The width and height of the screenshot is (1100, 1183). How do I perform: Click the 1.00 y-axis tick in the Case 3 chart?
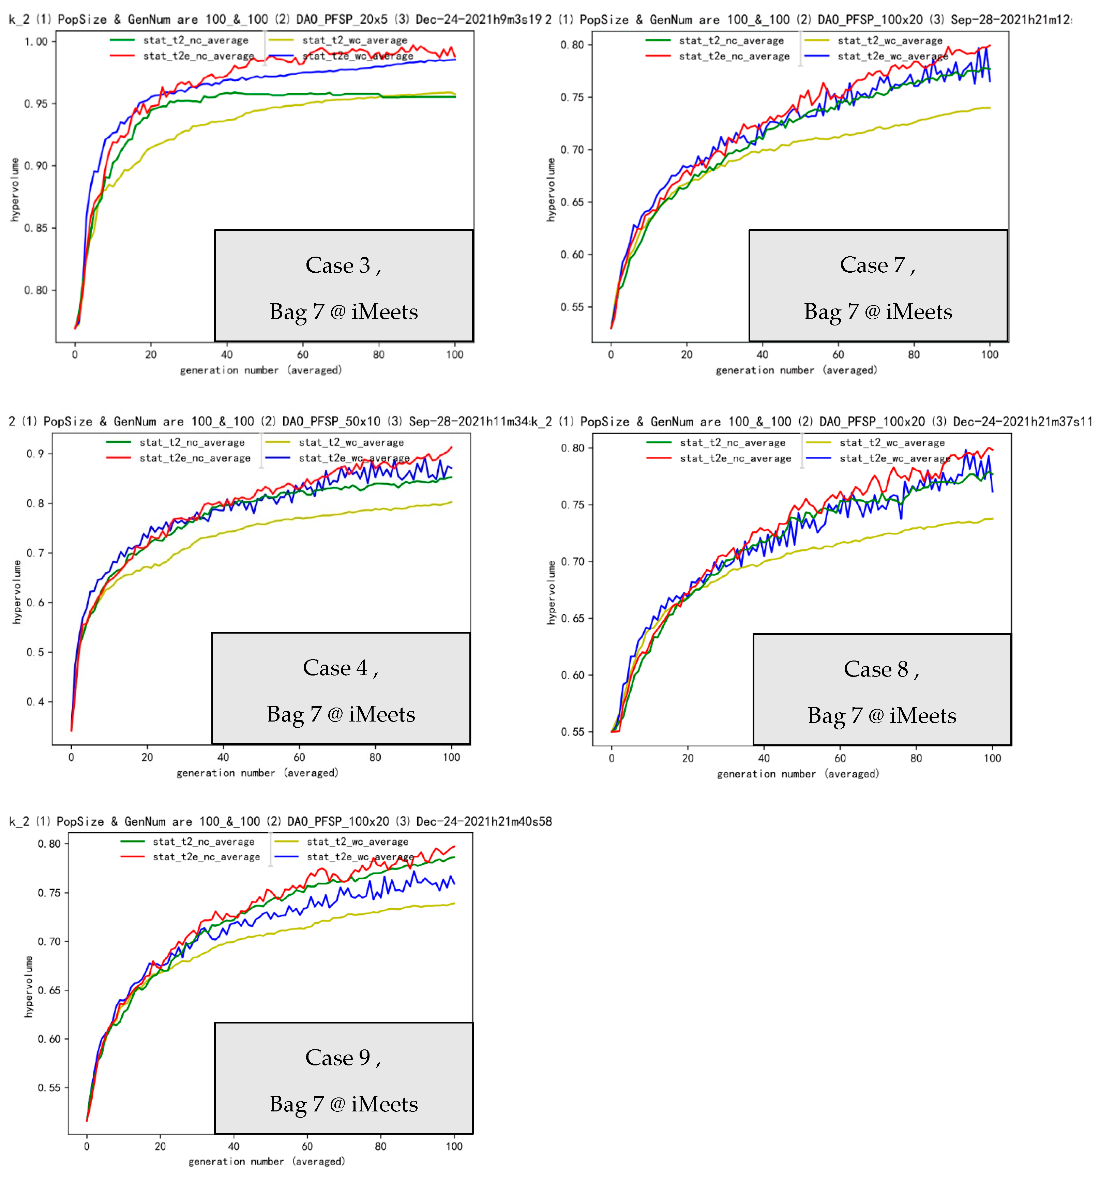coord(36,42)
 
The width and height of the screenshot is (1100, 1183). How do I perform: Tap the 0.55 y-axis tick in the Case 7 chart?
coord(572,307)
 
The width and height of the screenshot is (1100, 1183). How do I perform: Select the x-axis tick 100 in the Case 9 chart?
coord(454,1146)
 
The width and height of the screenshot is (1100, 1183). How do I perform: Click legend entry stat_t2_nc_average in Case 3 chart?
coord(195,41)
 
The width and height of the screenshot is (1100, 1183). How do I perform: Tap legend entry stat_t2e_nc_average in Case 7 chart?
coord(734,57)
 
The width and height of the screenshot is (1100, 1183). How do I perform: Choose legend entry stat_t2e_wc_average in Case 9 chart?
coord(360,857)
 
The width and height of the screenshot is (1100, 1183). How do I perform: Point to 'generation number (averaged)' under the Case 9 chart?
coord(266,1161)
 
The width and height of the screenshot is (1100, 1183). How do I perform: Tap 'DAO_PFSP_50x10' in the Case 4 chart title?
coord(331,421)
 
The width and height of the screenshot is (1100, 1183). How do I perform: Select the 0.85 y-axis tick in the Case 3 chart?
coord(36,228)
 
